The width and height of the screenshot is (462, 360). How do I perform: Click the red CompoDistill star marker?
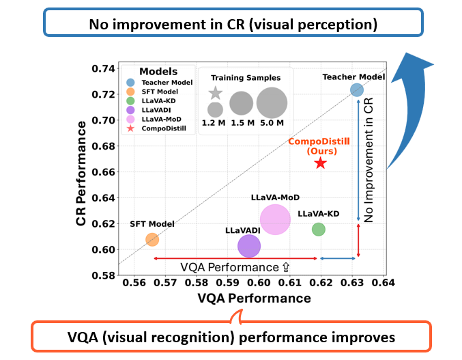coord(320,163)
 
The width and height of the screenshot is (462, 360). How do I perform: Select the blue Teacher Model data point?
coord(357,90)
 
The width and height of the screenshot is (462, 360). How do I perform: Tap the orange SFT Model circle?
coord(152,240)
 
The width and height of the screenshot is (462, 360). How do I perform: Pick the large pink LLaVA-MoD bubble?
coord(275,219)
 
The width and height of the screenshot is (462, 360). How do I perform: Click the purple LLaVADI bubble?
coord(249,246)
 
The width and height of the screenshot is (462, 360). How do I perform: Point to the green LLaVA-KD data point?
coord(318,230)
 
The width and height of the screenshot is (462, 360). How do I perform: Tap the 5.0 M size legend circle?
coord(272,102)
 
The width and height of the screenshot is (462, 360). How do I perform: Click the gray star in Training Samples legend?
coord(215,93)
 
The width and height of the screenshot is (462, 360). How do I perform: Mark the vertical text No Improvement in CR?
coord(369,164)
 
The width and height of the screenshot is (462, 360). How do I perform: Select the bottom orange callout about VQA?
coord(231,336)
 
